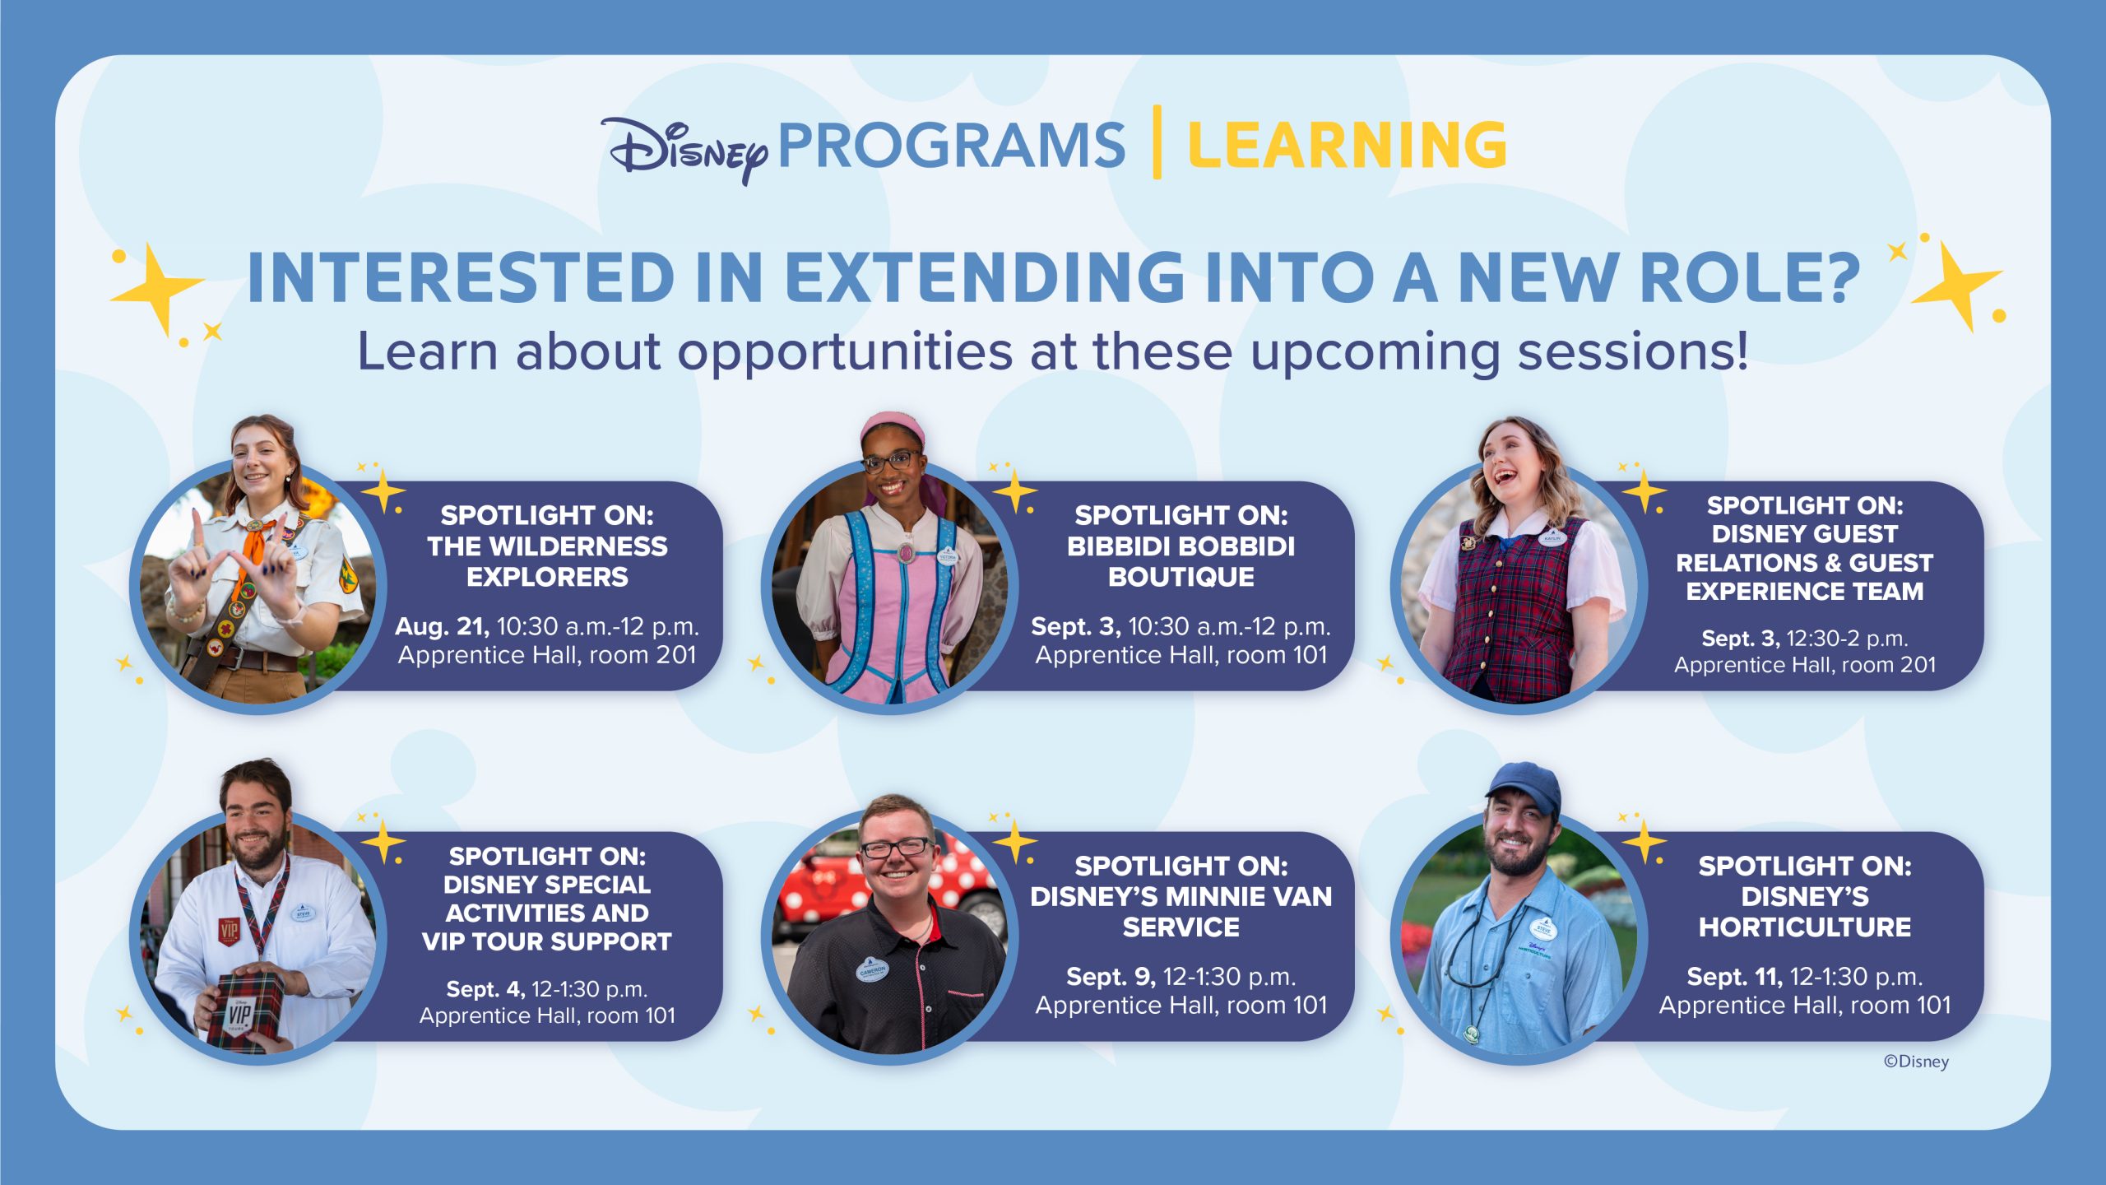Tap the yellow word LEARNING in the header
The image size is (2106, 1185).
click(x=1348, y=146)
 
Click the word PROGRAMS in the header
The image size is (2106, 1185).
click(x=952, y=146)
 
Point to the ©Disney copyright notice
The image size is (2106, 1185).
click(x=1916, y=1062)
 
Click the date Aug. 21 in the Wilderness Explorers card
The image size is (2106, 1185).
click(x=442, y=626)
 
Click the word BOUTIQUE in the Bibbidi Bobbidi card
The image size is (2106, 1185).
click(x=1181, y=577)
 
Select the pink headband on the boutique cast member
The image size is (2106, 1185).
click(x=892, y=428)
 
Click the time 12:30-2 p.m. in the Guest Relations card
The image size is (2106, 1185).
click(x=1848, y=639)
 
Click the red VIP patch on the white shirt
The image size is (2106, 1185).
click(x=228, y=930)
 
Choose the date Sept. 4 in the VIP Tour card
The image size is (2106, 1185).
click(x=485, y=988)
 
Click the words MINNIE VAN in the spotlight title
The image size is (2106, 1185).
click(x=1268, y=896)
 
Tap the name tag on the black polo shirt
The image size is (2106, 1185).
click(x=872, y=969)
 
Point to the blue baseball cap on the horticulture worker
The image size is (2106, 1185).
click(x=1524, y=787)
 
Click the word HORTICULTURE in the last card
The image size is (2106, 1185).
click(x=1805, y=927)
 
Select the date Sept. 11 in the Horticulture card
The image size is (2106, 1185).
click(x=1734, y=977)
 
